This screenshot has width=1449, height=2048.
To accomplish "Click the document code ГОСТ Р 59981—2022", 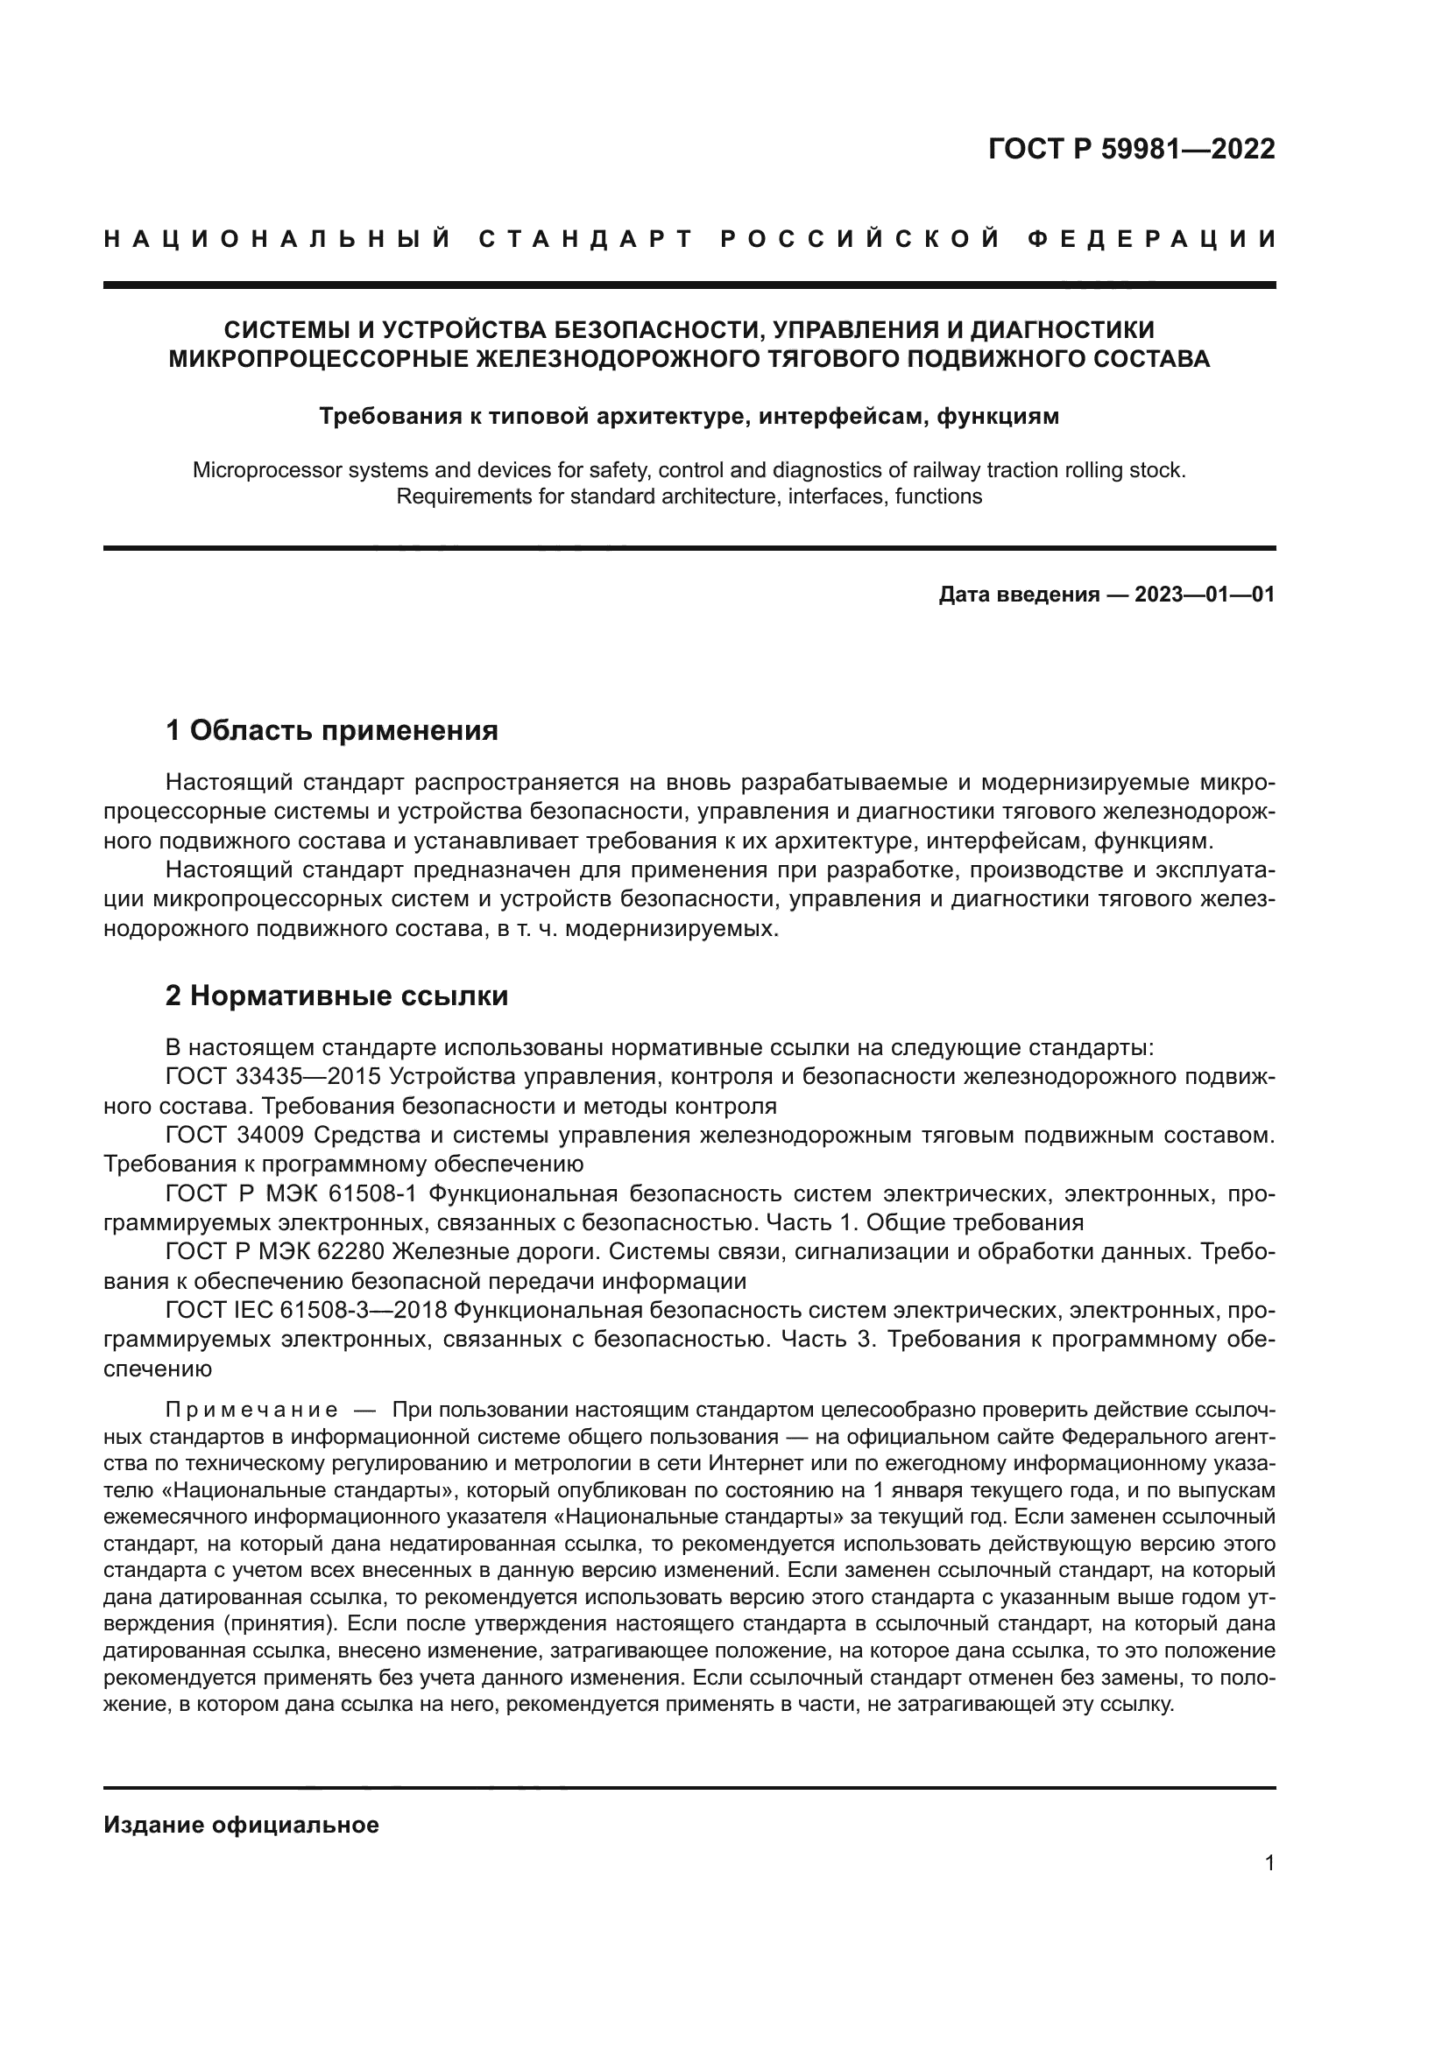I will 1131,149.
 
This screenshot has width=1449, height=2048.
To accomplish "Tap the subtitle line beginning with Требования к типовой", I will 689,417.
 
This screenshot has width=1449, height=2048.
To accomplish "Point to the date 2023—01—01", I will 1205,595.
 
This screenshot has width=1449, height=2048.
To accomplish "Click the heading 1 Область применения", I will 331,731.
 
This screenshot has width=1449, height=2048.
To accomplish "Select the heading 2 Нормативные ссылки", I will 336,996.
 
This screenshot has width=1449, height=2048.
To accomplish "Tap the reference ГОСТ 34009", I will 235,1136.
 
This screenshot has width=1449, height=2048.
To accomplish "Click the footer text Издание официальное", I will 241,1825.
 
